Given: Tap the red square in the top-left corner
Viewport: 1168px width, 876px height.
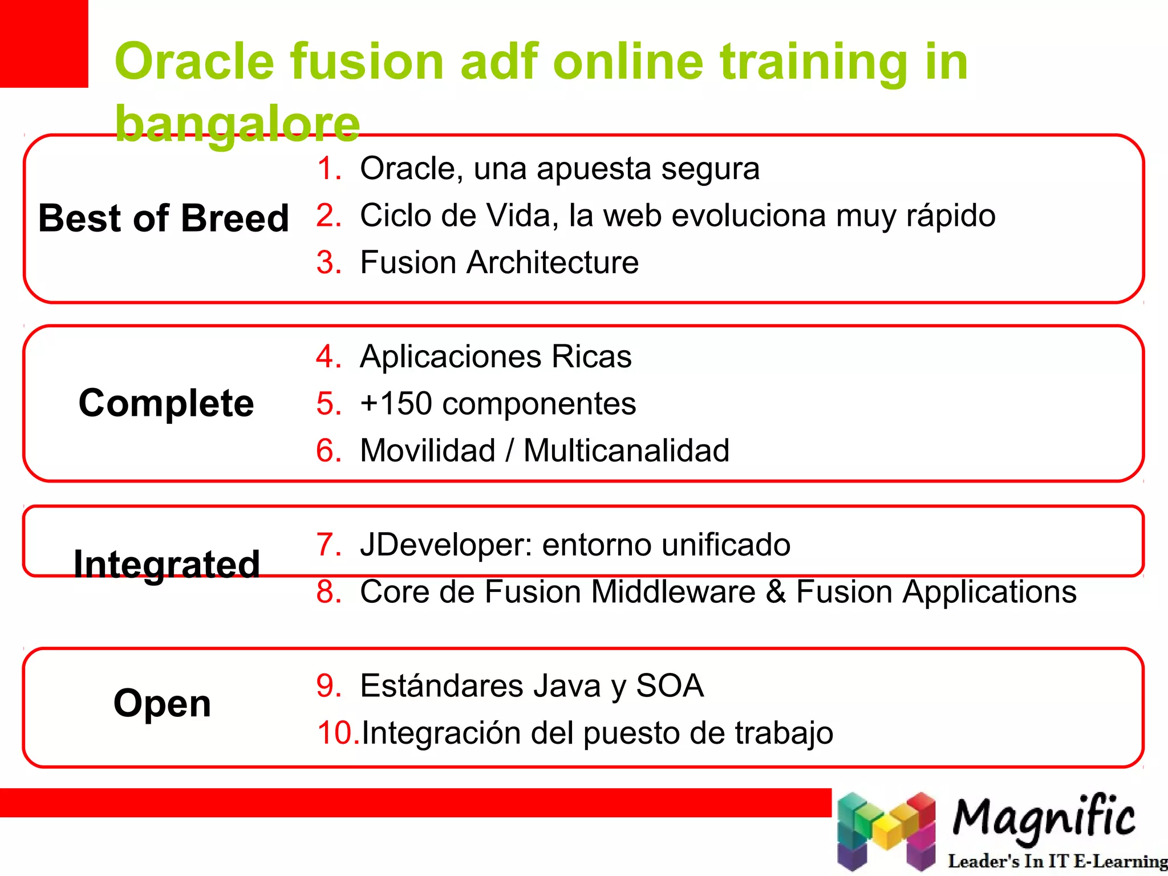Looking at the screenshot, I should click(43, 43).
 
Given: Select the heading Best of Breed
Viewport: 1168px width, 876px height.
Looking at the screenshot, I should click(164, 218).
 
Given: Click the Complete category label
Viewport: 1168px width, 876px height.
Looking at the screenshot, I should click(166, 403).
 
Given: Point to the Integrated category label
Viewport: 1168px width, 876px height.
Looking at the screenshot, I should click(167, 565).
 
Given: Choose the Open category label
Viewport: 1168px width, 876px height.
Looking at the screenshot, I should click(163, 703).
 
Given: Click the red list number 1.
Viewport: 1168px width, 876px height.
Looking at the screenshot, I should click(328, 168).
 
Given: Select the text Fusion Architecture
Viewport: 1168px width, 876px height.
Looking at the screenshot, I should click(499, 262).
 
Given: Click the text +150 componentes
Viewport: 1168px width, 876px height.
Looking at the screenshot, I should click(497, 404).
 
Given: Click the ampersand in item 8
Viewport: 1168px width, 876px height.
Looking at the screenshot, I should click(776, 591).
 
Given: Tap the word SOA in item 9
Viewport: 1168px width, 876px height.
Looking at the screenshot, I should click(670, 686).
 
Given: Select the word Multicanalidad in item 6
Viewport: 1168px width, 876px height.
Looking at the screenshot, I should click(626, 451).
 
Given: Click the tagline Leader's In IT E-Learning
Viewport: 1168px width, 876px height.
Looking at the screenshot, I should click(1057, 861).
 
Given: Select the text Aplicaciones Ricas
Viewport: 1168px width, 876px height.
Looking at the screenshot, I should click(496, 357).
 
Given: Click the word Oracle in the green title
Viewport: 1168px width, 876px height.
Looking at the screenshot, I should click(194, 62).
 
